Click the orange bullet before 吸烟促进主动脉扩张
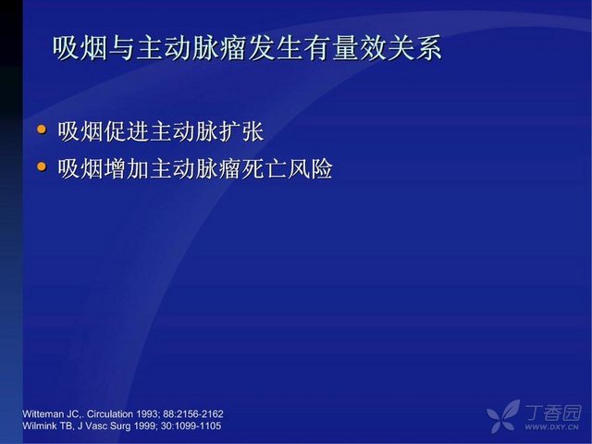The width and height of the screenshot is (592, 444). (x=42, y=129)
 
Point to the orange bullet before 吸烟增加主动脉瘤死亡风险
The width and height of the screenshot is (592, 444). (x=42, y=166)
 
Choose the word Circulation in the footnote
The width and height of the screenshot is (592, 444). (x=110, y=413)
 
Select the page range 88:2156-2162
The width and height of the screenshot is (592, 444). (x=193, y=413)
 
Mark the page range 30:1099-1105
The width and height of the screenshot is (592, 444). (x=191, y=425)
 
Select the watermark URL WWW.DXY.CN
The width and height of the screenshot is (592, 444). (x=551, y=427)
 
